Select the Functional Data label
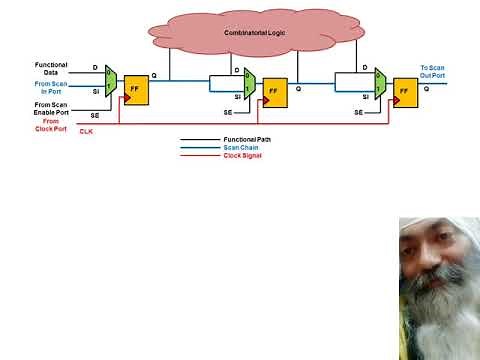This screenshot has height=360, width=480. coord(51,69)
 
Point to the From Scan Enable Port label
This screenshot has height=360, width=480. coord(51,108)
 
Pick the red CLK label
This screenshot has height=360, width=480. coord(86,131)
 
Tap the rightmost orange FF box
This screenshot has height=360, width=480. coord(404,91)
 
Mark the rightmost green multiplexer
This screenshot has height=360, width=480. coord(380,87)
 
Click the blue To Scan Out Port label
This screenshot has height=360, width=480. coord(433,70)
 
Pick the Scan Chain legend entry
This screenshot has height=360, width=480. coord(239,148)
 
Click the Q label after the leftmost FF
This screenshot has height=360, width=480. coord(154,76)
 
